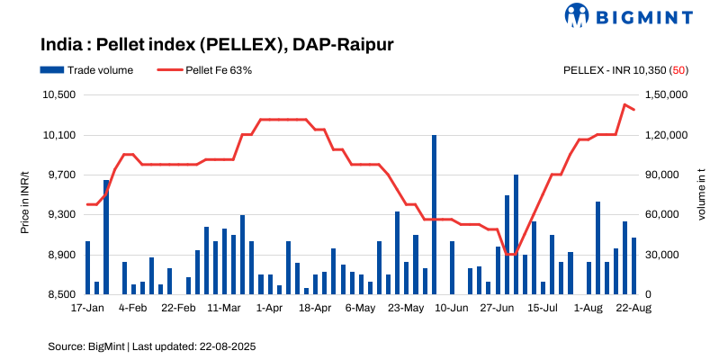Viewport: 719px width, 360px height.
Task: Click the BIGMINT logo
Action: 629,15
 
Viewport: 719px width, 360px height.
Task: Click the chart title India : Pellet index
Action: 217,44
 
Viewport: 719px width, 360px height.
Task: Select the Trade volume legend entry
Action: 86,69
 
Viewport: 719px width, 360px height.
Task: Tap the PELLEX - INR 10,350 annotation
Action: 625,69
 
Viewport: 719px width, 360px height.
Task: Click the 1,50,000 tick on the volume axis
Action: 667,95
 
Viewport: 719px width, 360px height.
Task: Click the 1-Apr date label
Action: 269,308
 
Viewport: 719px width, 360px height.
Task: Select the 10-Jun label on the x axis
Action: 451,308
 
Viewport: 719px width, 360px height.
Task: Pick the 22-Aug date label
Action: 634,308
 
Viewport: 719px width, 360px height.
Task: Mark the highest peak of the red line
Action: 625,104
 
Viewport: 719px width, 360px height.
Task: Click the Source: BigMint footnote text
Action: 152,346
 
